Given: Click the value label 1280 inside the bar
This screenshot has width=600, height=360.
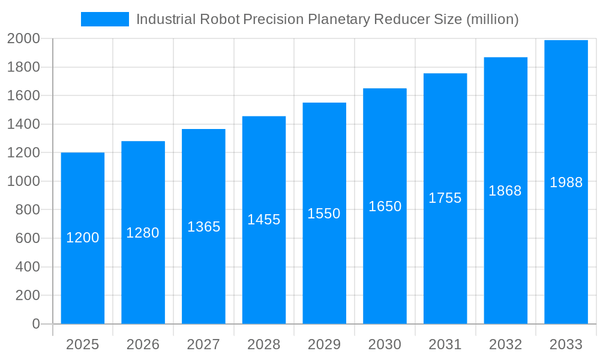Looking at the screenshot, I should pyautogui.click(x=143, y=233).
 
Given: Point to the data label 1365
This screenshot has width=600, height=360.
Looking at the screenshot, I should pyautogui.click(x=204, y=227).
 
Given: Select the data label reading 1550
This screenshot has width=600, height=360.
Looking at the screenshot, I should pyautogui.click(x=324, y=214).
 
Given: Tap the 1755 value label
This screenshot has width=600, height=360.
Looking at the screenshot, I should pyautogui.click(x=445, y=199).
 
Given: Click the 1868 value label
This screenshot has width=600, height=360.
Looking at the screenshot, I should pyautogui.click(x=505, y=191).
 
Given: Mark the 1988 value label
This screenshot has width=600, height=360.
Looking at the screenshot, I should pyautogui.click(x=566, y=183).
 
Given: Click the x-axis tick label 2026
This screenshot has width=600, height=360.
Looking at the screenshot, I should pyautogui.click(x=143, y=344).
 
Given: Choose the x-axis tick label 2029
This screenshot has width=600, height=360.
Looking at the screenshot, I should pyautogui.click(x=324, y=344).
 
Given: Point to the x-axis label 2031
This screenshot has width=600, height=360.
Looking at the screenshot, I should pyautogui.click(x=445, y=344).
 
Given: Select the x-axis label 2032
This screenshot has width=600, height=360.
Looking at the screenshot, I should pyautogui.click(x=505, y=344).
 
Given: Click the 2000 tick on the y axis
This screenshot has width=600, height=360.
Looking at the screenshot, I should pyautogui.click(x=23, y=39).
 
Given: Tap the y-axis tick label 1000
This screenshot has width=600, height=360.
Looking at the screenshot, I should pyautogui.click(x=23, y=181).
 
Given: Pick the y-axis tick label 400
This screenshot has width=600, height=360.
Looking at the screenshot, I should pyautogui.click(x=28, y=267).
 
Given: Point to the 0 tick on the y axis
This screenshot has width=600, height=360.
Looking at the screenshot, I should pyautogui.click(x=36, y=324).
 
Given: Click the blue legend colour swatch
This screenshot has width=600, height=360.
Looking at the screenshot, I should pyautogui.click(x=105, y=19).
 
